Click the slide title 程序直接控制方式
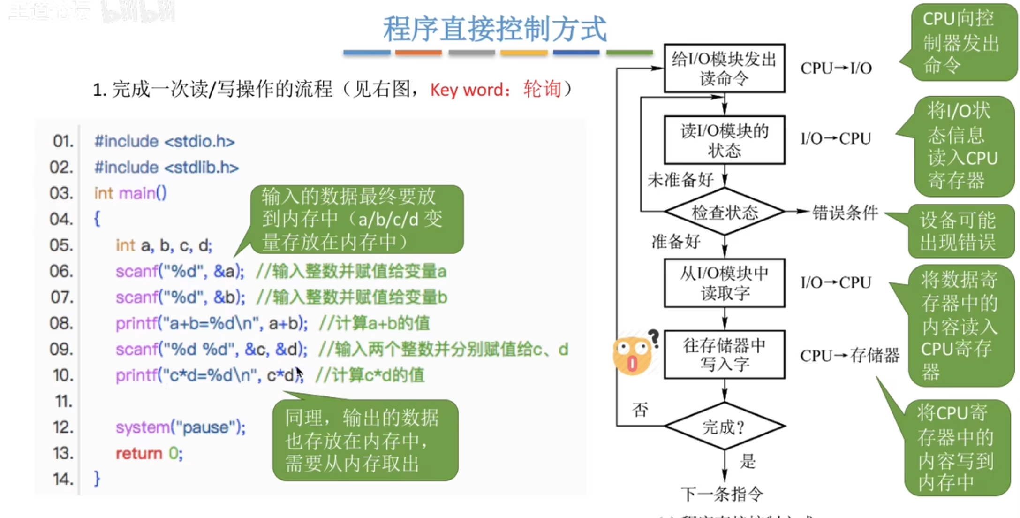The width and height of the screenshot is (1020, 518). pyautogui.click(x=495, y=29)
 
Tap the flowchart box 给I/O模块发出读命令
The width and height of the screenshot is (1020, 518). pyautogui.click(x=724, y=69)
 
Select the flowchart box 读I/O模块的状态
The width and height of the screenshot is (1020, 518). pyautogui.click(x=724, y=140)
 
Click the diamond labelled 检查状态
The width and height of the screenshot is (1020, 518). pyautogui.click(x=724, y=213)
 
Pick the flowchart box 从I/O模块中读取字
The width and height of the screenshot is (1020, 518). pyautogui.click(x=724, y=283)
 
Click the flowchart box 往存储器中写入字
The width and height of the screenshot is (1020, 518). pyautogui.click(x=724, y=355)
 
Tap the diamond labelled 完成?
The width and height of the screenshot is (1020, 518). pyautogui.click(x=724, y=427)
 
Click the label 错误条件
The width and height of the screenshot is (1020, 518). pyautogui.click(x=845, y=213)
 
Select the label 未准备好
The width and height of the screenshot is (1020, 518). pyautogui.click(x=680, y=180)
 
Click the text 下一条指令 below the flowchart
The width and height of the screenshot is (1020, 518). pyautogui.click(x=722, y=494)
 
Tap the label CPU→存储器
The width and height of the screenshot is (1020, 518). pyautogui.click(x=849, y=356)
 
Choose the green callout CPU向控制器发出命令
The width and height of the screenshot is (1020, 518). pyautogui.click(x=961, y=42)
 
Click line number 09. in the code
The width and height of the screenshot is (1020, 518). pyautogui.click(x=61, y=349)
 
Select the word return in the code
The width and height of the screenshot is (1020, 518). pyautogui.click(x=139, y=453)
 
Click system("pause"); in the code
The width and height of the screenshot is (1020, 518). pyautogui.click(x=181, y=427)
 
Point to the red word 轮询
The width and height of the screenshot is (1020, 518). pyautogui.click(x=542, y=89)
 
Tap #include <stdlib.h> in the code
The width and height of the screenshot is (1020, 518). pyautogui.click(x=166, y=167)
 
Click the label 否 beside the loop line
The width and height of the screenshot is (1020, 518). pyautogui.click(x=640, y=410)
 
